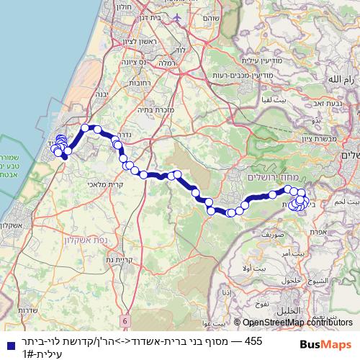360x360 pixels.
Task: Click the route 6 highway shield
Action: coord(125,319)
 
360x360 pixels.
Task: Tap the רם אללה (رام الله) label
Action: coord(341,78)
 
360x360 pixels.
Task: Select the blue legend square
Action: coord(9,346)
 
